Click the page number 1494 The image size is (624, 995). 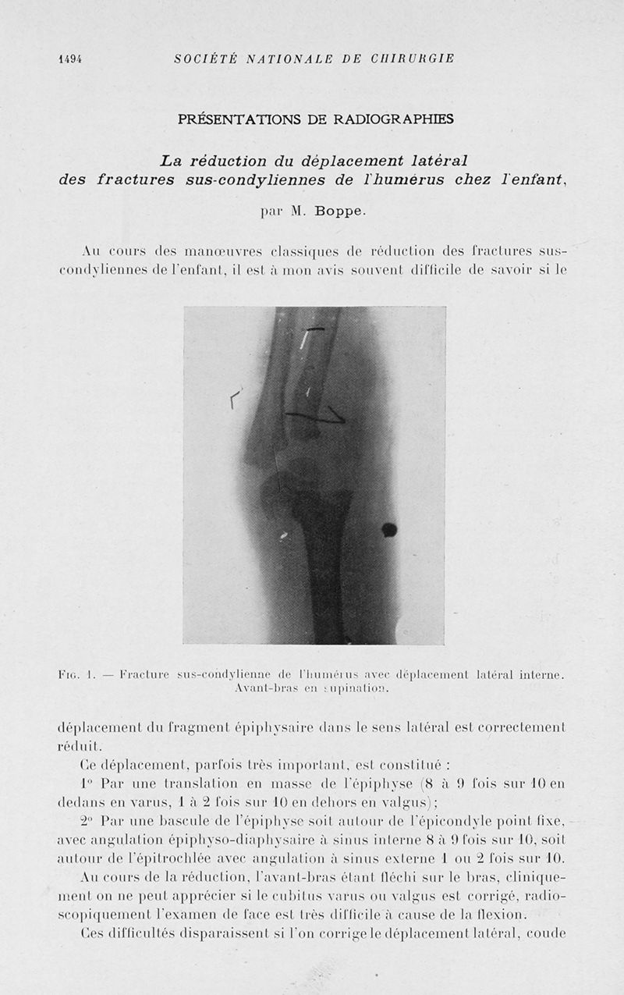click(70, 59)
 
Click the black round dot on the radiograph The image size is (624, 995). click(388, 530)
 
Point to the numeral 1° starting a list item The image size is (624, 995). click(86, 783)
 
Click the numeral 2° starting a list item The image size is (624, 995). click(87, 821)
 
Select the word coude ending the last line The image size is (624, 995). click(545, 933)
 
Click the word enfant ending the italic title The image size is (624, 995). click(537, 179)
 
